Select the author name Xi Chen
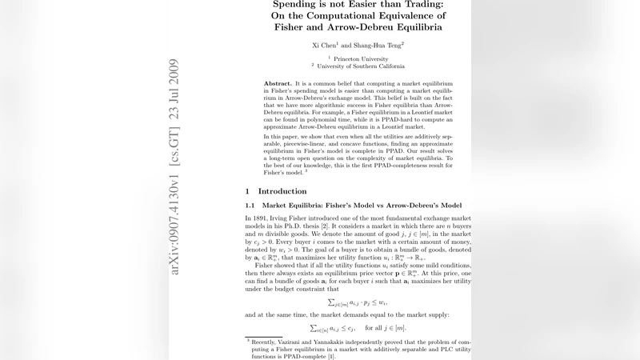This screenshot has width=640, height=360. pos(324,46)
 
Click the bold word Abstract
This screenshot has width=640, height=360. pos(278,84)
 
